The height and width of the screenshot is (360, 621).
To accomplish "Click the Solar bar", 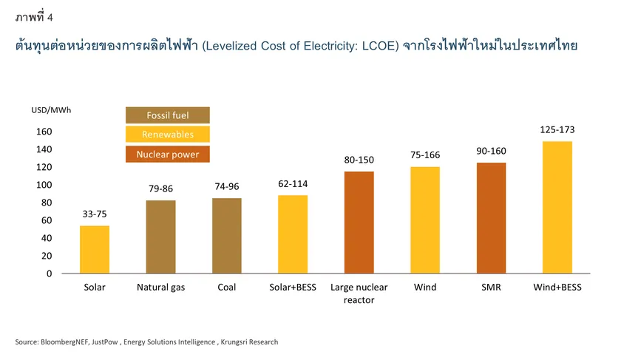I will (95, 249).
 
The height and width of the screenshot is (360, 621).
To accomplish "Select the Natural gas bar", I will (160, 237).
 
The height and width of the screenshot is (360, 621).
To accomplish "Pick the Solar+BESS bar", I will (293, 234).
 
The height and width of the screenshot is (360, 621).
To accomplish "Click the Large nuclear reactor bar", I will (359, 223).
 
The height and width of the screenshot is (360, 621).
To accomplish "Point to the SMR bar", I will (491, 218).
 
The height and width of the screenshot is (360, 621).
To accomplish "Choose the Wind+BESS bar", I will (557, 207).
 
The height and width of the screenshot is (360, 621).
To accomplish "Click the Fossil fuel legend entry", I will (168, 115).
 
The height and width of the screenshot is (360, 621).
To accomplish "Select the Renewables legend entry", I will (168, 135).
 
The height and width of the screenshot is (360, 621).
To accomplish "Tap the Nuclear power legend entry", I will (168, 154).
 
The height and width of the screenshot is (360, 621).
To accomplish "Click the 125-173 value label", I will (557, 129).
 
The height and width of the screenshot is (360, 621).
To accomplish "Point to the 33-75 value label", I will (95, 214).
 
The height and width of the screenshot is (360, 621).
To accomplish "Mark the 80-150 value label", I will (359, 160).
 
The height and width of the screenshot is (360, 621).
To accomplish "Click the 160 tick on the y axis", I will (45, 132).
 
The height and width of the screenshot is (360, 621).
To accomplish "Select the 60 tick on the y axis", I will (47, 220).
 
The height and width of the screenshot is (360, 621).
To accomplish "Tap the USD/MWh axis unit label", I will (52, 110).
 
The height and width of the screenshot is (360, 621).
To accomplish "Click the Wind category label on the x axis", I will (425, 288).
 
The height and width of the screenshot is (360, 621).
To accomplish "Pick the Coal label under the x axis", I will (226, 288).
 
